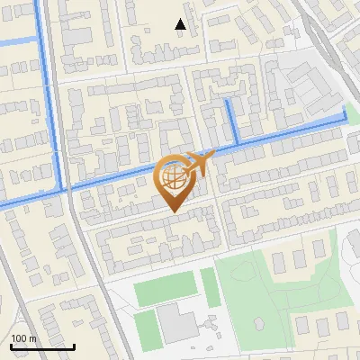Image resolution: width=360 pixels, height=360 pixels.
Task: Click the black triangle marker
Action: pyautogui.click(x=180, y=25)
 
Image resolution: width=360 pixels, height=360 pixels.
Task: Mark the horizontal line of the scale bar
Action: pyautogui.click(x=42, y=346)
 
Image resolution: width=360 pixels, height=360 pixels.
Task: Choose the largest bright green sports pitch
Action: pyautogui.click(x=165, y=288)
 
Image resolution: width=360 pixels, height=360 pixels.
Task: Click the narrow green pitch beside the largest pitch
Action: pyautogui.click(x=210, y=286)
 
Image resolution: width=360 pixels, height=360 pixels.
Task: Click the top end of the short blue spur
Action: pyautogui.click(x=228, y=102)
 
